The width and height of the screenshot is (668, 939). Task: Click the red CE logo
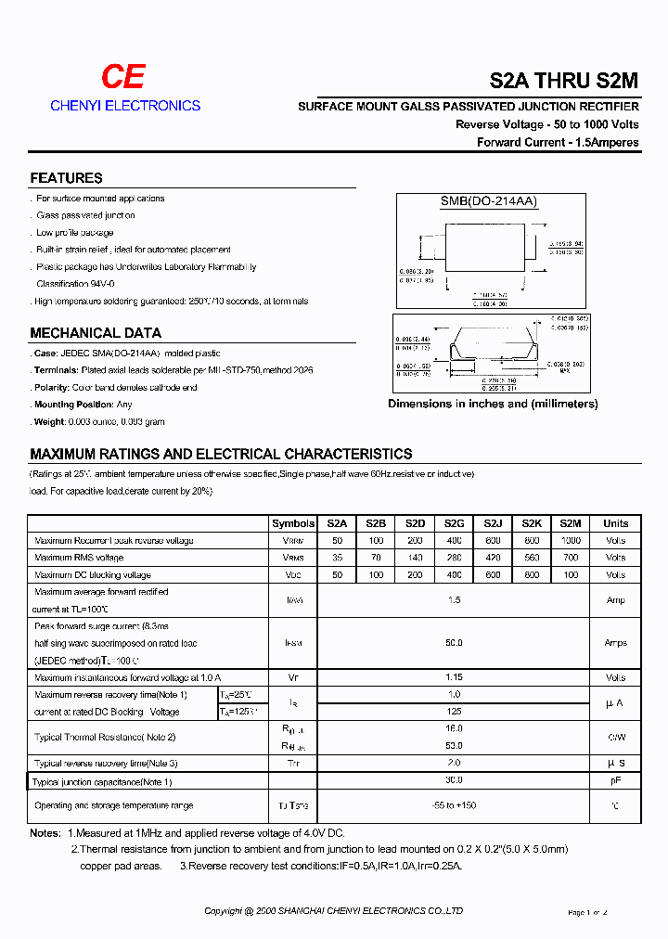click(123, 78)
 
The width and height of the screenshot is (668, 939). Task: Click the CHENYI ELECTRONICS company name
click(125, 106)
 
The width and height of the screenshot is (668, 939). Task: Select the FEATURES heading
click(66, 178)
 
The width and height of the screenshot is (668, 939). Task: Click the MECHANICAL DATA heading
click(96, 333)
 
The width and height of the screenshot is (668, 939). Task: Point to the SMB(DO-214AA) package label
click(489, 201)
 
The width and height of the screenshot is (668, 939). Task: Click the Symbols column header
click(293, 523)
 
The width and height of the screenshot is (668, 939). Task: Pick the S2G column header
click(454, 523)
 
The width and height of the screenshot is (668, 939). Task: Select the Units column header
click(615, 523)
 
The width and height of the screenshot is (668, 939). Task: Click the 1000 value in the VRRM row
click(571, 540)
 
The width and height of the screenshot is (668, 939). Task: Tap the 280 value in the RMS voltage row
click(454, 558)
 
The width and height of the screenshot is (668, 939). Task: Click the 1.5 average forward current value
click(454, 600)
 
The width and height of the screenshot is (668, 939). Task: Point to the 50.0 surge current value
click(454, 642)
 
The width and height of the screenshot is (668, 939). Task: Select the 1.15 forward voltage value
click(454, 677)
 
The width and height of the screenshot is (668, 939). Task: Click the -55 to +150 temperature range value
click(454, 805)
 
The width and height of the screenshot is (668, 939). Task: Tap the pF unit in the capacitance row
click(615, 781)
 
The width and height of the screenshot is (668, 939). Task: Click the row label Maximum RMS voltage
click(79, 558)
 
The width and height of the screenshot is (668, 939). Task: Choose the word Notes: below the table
click(45, 833)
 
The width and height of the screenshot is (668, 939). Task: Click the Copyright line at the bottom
click(333, 911)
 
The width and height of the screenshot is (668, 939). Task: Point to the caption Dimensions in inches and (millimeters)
click(493, 404)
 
